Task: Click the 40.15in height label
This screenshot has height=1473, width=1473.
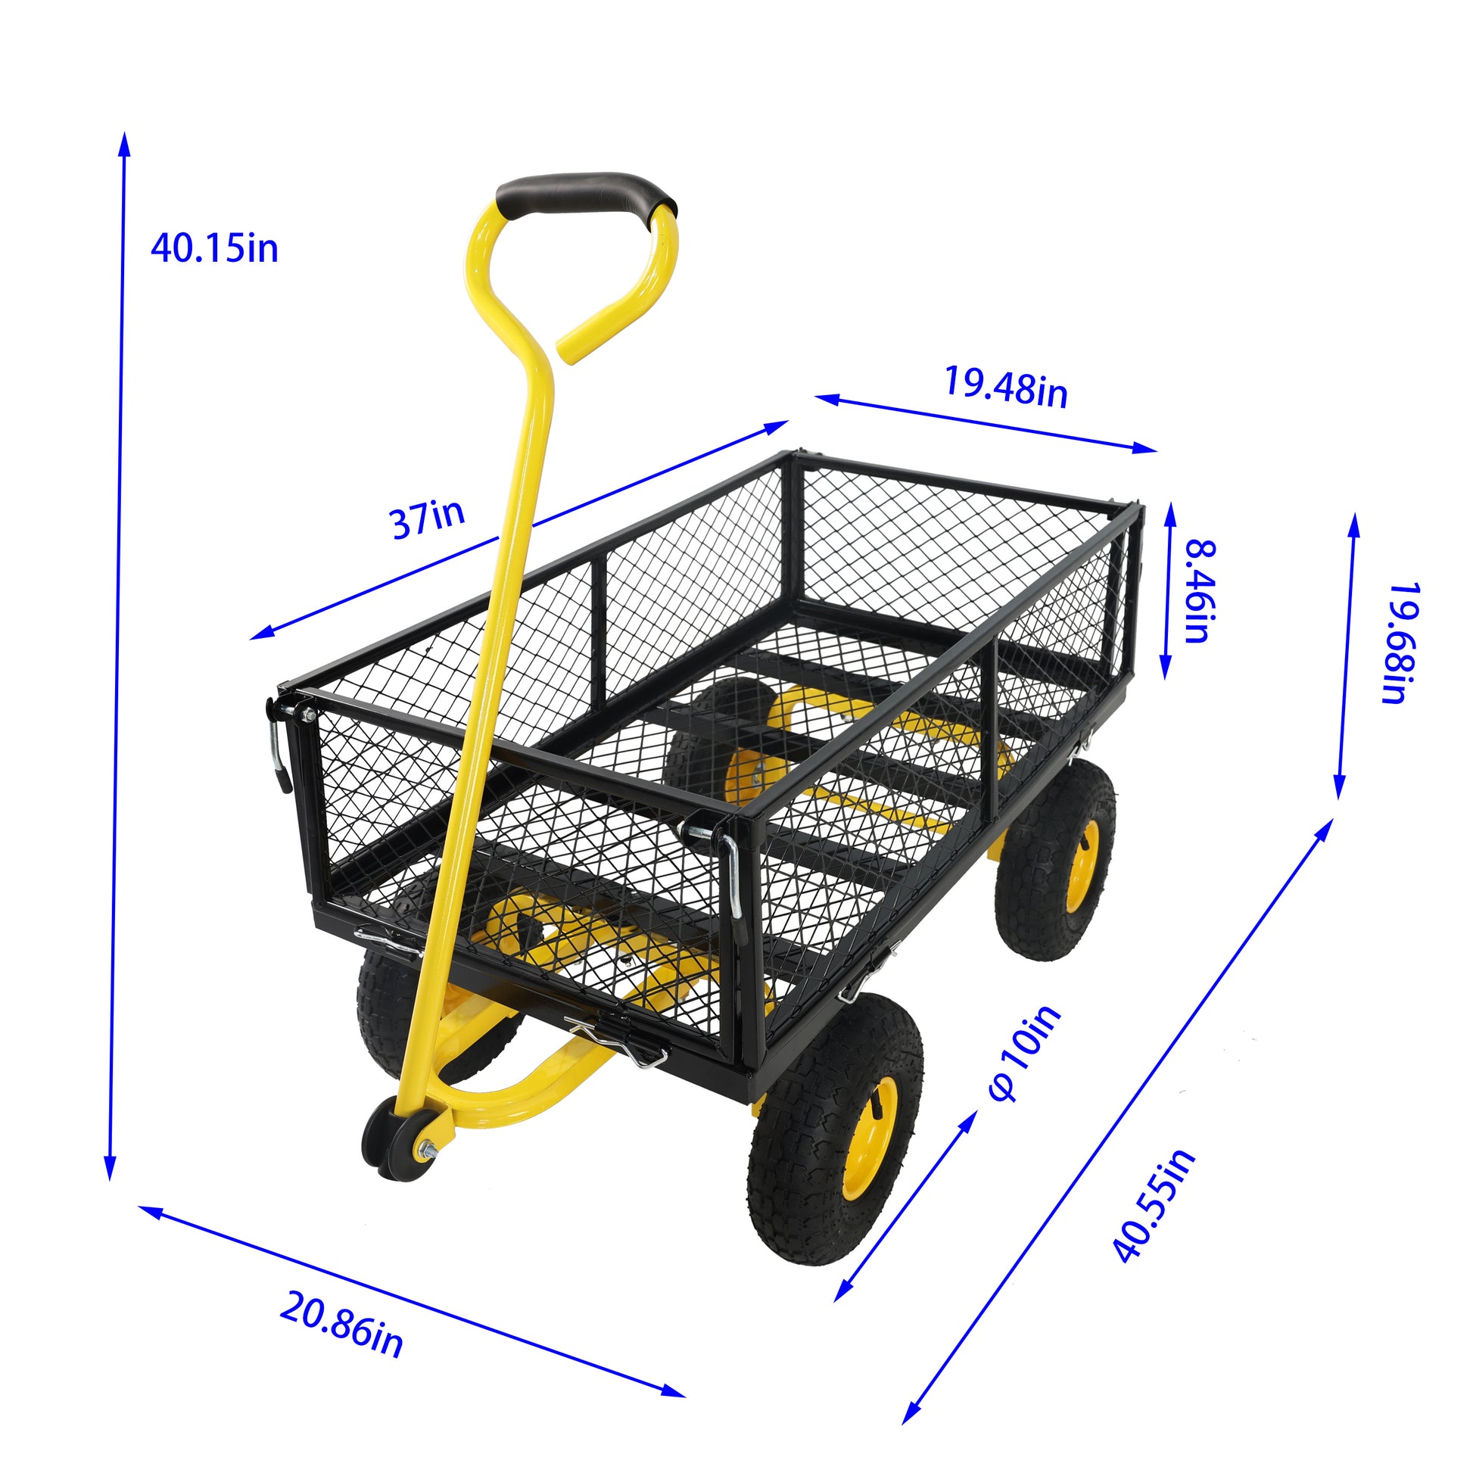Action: click(x=214, y=248)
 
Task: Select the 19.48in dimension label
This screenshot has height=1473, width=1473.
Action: click(x=1006, y=388)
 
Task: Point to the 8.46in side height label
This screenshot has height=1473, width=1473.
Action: click(x=1200, y=591)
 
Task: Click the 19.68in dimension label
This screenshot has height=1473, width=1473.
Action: click(x=1401, y=643)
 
